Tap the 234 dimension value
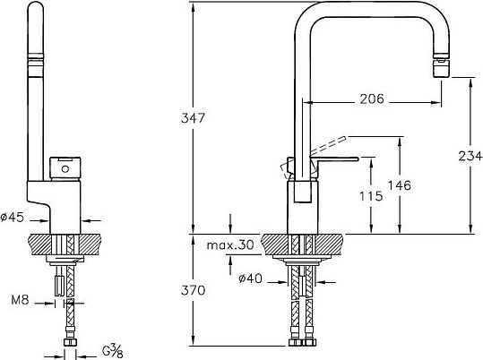(466, 155)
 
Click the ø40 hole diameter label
(250, 279)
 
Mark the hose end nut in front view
(70, 342)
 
